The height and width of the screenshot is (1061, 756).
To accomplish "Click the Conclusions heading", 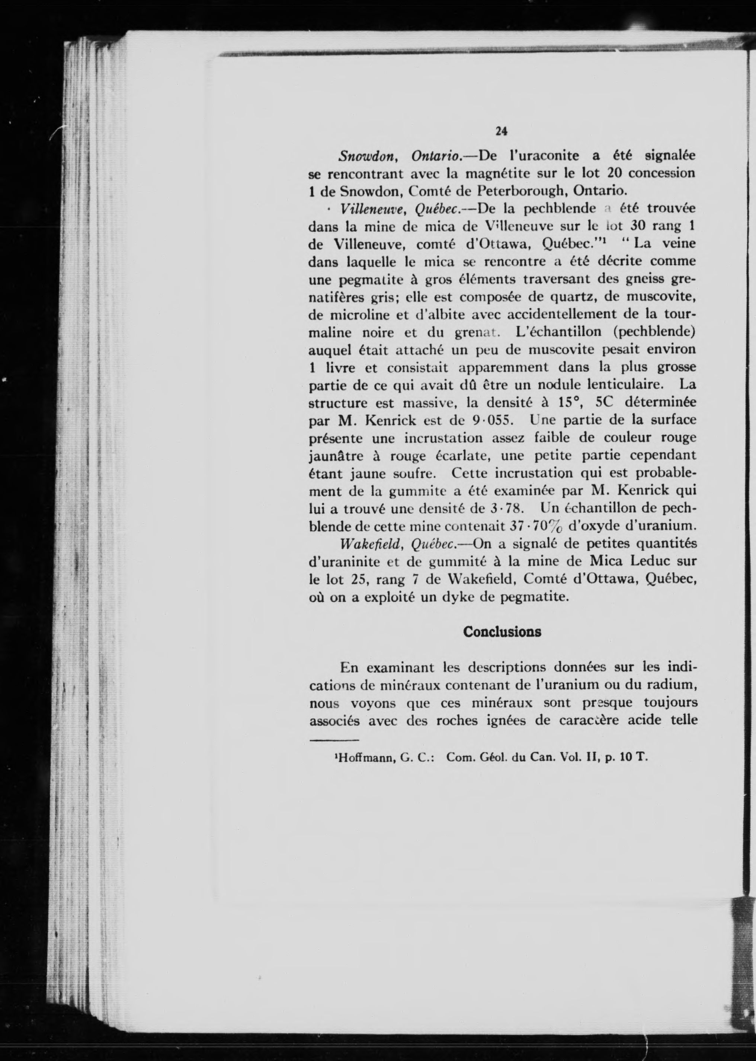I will [x=502, y=632].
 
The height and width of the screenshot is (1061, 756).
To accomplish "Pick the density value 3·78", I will [x=505, y=509].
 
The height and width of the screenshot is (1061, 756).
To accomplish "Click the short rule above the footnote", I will [x=334, y=740].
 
